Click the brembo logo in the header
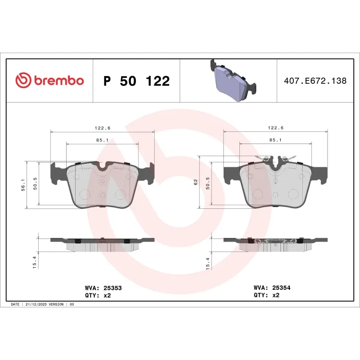click(49, 81)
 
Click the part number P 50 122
click(136, 81)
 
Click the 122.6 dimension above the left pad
click(103, 128)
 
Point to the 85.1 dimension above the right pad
click(275, 140)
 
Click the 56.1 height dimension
click(24, 184)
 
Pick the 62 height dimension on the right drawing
click(196, 182)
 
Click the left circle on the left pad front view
click(84, 194)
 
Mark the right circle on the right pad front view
click(293, 194)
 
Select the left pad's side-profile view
click(103, 243)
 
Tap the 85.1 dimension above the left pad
click(103, 140)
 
